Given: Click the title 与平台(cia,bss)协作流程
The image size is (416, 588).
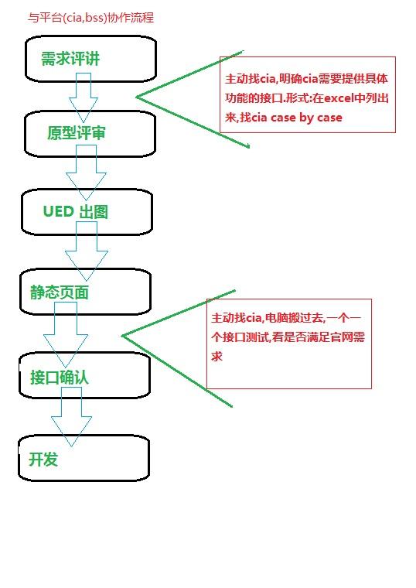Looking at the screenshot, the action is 90,18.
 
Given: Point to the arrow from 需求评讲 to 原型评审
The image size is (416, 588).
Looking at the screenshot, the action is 84,97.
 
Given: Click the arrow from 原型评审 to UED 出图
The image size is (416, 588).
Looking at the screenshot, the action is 86,173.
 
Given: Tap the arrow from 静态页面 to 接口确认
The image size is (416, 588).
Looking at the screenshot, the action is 66,335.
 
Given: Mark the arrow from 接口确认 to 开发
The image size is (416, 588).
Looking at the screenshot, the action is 71,417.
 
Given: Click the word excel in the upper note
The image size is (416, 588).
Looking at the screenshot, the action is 339,98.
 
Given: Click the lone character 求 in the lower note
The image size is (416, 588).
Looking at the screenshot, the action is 217,356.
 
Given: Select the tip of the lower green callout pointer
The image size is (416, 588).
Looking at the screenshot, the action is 122,336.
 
